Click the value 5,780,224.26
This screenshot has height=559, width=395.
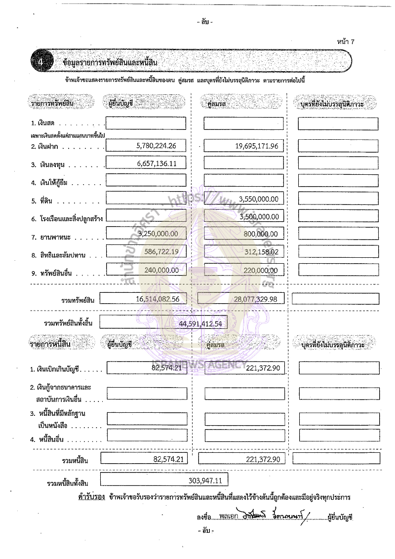click(x=156, y=146)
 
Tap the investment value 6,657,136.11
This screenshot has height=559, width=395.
click(x=156, y=164)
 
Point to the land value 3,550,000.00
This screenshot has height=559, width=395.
click(x=258, y=199)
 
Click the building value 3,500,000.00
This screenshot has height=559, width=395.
click(x=258, y=216)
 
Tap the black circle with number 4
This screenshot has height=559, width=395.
click(x=41, y=63)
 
